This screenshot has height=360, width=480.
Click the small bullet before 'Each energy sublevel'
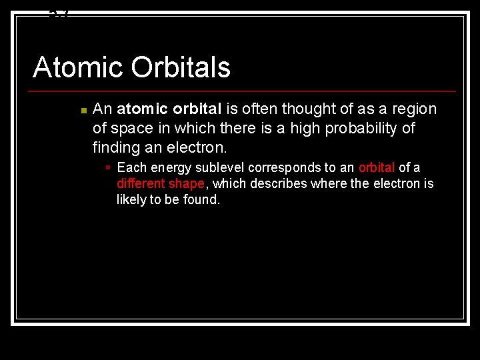[x=107, y=167]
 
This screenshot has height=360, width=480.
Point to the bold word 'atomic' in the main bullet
[x=141, y=109]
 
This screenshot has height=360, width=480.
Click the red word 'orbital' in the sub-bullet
[x=377, y=167]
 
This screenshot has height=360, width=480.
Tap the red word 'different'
[x=141, y=183]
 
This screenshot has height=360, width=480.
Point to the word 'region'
[x=414, y=109]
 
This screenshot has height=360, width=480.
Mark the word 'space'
[x=131, y=127]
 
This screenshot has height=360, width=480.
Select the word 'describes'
[x=271, y=183]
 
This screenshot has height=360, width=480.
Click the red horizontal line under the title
[x=244, y=91]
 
